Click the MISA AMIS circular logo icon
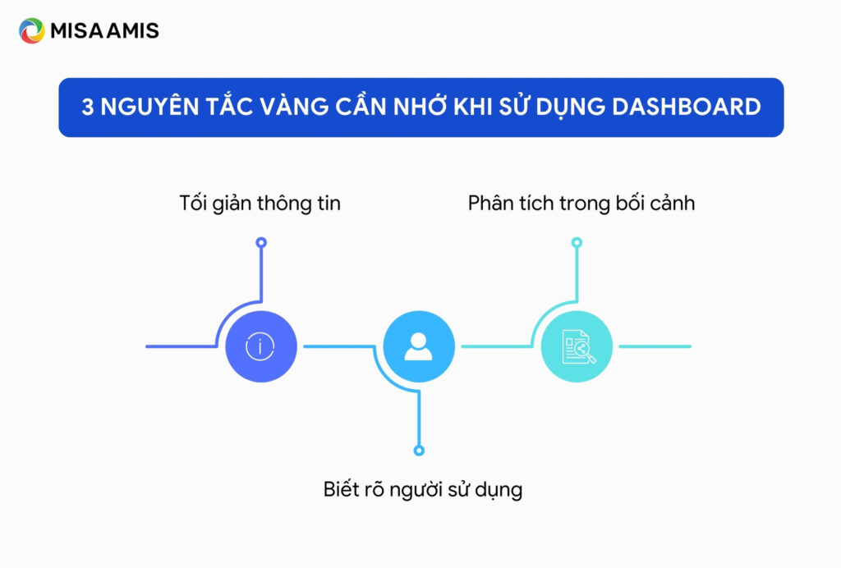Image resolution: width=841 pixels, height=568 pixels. [32, 31]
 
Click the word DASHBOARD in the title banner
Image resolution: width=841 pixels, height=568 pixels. [692, 107]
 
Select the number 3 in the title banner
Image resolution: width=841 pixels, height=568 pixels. [88, 107]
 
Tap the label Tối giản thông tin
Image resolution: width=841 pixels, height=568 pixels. [260, 203]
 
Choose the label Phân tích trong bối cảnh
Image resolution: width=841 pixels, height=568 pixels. [581, 203]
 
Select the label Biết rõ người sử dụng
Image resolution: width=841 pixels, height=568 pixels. [422, 490]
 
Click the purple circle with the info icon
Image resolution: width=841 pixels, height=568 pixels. [260, 346]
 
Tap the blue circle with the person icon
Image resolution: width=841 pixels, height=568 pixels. [419, 346]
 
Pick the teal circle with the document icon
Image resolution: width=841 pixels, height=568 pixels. [577, 346]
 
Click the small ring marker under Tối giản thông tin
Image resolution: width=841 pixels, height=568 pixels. [261, 243]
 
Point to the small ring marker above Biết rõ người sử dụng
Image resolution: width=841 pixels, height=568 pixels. [419, 451]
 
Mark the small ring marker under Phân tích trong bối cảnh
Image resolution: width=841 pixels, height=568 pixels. [577, 243]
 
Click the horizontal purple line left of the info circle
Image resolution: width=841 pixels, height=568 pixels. [179, 346]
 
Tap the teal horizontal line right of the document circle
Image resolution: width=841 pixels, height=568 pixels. [655, 346]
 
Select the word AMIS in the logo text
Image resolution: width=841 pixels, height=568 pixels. [134, 31]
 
